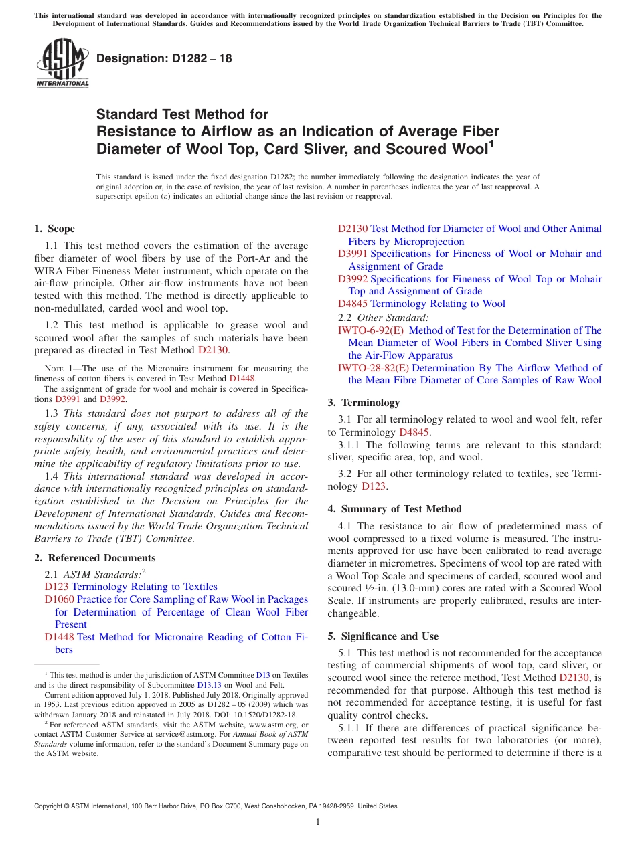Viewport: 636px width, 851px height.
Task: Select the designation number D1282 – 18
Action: (x=164, y=58)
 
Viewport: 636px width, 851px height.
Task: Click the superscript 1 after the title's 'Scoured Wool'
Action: (x=491, y=143)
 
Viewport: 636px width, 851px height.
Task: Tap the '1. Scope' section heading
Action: (x=55, y=229)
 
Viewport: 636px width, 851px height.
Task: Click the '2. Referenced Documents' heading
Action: (x=95, y=558)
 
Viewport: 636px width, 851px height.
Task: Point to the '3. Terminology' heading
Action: (x=364, y=403)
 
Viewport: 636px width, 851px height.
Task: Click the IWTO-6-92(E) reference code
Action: (x=371, y=330)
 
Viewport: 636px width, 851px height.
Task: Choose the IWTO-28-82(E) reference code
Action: (x=374, y=368)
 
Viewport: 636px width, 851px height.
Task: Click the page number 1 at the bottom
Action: (x=318, y=822)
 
